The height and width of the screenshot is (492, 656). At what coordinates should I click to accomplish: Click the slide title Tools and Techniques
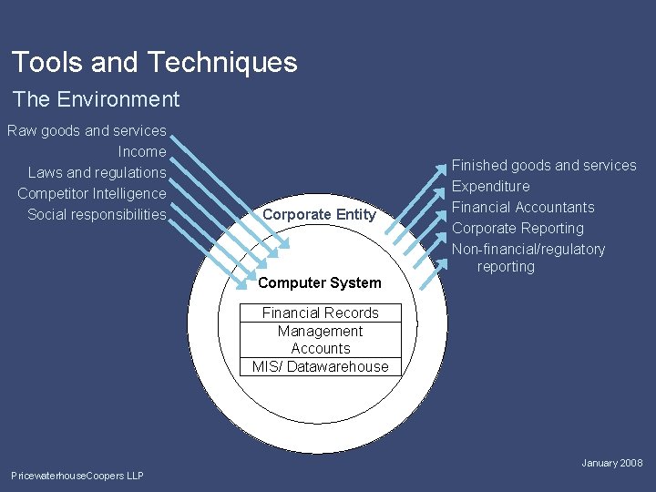[154, 62]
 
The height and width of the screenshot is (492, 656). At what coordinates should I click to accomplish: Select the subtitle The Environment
[96, 99]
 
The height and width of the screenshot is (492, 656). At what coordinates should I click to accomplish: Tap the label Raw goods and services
[87, 130]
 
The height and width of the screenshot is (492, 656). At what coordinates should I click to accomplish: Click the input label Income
[142, 151]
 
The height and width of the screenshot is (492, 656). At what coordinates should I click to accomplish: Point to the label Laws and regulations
[97, 172]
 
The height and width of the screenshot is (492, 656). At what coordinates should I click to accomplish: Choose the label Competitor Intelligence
[92, 193]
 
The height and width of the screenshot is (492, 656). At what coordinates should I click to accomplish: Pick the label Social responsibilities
[97, 214]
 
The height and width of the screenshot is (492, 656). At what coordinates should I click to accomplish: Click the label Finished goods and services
[544, 165]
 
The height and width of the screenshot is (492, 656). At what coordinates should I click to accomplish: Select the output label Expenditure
[490, 186]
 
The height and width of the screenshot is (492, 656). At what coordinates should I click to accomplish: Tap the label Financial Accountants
[523, 207]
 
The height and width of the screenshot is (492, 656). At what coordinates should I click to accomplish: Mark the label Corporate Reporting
[518, 228]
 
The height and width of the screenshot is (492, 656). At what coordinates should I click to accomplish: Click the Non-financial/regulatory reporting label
[528, 258]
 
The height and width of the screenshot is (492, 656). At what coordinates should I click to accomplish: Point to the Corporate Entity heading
[319, 214]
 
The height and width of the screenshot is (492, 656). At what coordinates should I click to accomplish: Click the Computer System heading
[320, 282]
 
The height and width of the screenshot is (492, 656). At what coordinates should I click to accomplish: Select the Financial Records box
[320, 313]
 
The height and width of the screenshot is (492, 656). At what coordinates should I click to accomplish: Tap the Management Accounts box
[320, 340]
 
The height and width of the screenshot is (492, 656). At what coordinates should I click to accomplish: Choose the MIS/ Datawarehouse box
[320, 366]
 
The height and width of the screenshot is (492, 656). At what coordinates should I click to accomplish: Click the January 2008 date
[612, 463]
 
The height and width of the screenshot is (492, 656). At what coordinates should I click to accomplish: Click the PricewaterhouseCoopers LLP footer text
[77, 476]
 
